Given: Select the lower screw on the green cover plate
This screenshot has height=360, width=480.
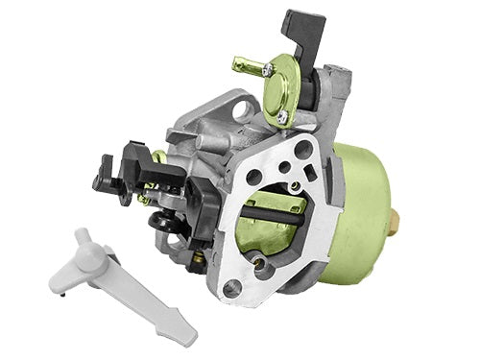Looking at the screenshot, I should pyautogui.click(x=282, y=116).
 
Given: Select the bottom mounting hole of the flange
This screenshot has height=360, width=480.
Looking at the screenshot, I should pyautogui.click(x=230, y=288).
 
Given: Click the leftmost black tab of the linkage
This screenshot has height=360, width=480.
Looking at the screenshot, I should pyautogui.click(x=101, y=179).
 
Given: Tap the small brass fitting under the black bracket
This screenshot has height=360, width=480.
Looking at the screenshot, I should pyautogui.click(x=196, y=254).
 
